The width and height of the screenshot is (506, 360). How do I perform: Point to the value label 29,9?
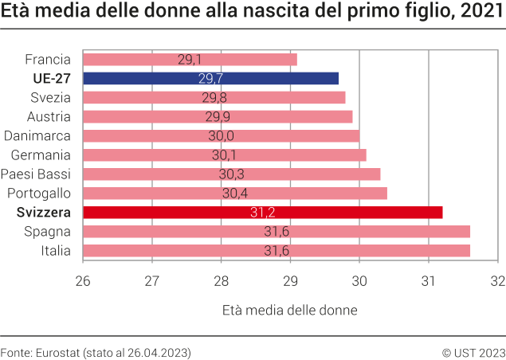coord(218,116)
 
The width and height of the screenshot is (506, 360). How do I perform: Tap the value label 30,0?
coord(222,135)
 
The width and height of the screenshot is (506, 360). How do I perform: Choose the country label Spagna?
coord(49,231)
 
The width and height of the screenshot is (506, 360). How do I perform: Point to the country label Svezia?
coord(51,97)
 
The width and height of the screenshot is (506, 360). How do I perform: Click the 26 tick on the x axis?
coord(83,280)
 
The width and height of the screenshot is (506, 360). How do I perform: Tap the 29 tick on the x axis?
coord(290,280)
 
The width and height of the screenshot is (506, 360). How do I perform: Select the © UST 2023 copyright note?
coord(473,351)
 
